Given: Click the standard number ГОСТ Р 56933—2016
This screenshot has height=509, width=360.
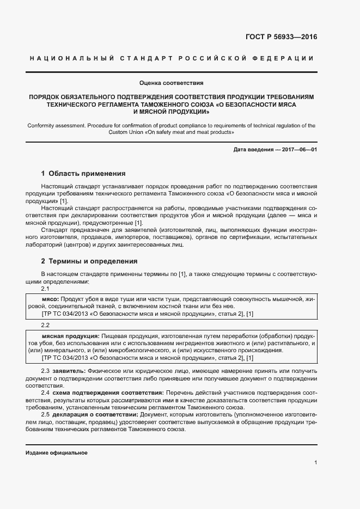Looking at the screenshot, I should (x=286, y=38).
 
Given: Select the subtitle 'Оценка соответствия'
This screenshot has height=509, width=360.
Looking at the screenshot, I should (x=172, y=83).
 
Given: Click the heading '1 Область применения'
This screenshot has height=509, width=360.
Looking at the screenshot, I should (x=83, y=174).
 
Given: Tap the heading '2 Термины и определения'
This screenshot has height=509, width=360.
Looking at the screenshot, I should (x=89, y=261).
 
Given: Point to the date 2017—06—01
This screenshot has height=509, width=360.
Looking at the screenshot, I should (x=299, y=150).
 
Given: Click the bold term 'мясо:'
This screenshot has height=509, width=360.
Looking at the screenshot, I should (x=51, y=299).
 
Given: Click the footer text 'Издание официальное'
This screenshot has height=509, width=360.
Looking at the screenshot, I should (x=57, y=453).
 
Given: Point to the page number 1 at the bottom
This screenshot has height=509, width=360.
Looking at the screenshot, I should (x=315, y=463).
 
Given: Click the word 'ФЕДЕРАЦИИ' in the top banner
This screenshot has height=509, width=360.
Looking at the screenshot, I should (x=288, y=58).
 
